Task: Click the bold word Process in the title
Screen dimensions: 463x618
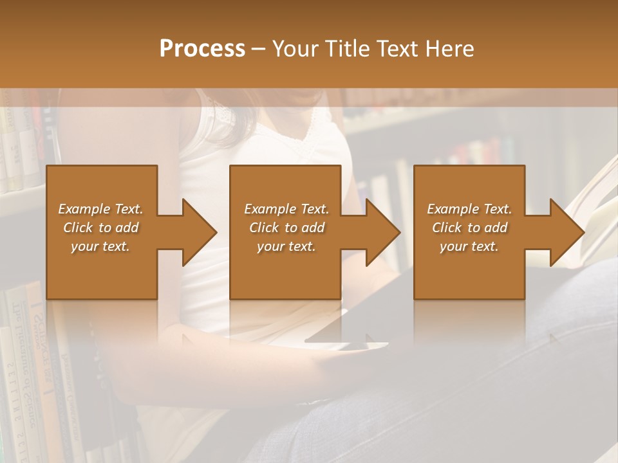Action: (202, 49)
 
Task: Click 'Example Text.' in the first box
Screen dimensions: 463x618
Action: (101, 209)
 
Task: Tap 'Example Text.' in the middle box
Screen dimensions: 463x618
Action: (286, 209)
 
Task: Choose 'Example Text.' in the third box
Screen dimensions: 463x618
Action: (469, 209)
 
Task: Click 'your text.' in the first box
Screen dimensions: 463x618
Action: (100, 246)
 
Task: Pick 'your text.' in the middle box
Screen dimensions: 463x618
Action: (286, 246)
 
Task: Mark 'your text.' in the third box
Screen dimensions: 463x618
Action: (469, 246)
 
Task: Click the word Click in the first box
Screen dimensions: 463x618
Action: (79, 228)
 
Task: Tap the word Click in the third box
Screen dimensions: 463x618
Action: (447, 228)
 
